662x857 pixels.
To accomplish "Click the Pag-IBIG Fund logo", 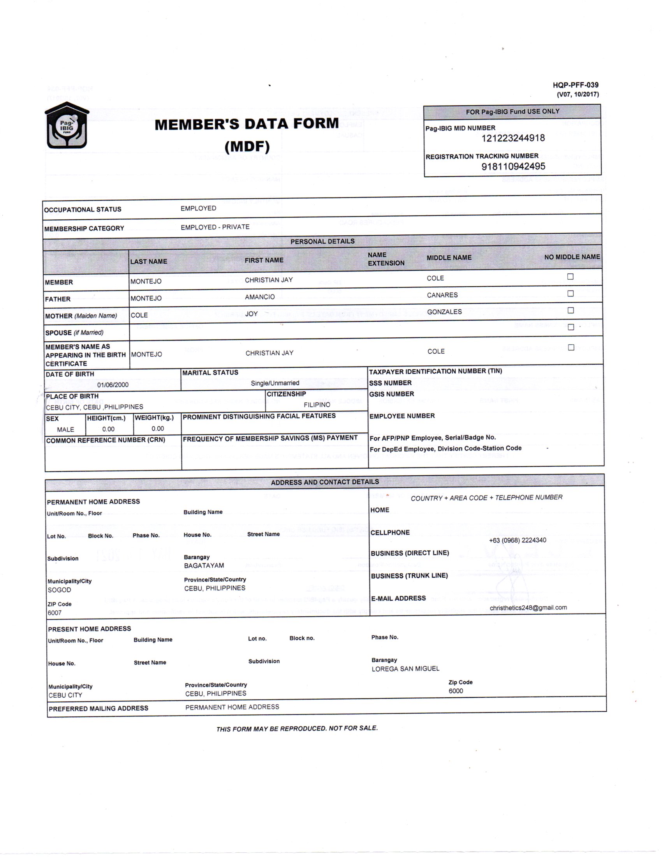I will (67, 125).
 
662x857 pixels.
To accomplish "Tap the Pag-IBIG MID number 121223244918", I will (513, 138).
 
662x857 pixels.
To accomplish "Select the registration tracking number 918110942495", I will (513, 166).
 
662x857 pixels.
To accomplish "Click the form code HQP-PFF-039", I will (575, 85).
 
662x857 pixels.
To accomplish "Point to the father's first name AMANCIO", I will (260, 297).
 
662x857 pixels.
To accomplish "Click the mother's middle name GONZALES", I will (444, 312).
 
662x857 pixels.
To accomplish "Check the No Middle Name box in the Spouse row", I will (570, 327).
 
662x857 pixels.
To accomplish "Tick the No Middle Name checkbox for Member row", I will (570, 277).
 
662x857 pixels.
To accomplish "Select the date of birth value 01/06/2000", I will (113, 385).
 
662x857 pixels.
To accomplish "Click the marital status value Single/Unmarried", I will (275, 383).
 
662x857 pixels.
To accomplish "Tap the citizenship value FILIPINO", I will (317, 405).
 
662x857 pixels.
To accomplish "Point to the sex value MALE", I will (65, 430).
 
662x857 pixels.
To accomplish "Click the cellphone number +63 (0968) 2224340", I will (517, 540).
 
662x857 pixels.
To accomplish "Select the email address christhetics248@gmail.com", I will (528, 608).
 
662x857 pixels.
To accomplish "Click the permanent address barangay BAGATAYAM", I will (204, 566).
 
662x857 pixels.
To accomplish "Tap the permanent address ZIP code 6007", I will (55, 613).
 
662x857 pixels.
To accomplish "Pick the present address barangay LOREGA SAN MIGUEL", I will (405, 668).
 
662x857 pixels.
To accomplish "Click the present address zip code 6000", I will (456, 691).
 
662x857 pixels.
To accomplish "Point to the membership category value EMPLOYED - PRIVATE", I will (215, 227).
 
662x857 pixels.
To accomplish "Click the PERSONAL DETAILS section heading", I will (322, 242).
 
